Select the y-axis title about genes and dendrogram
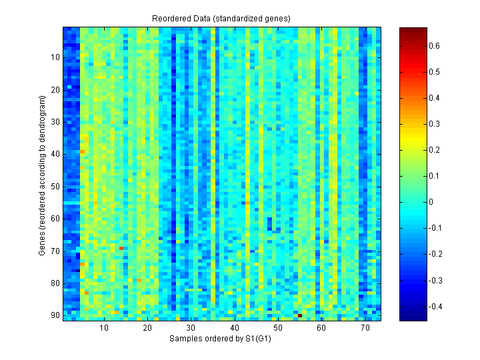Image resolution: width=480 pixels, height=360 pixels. pos(42,175)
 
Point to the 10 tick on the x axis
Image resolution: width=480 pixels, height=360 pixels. pos(104,329)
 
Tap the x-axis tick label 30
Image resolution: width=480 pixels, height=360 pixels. pos(191,329)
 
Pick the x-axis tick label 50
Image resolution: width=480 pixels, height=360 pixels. pos(278,329)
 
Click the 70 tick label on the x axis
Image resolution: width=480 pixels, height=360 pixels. pos(365,329)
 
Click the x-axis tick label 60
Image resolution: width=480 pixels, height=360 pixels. pos(321,329)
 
